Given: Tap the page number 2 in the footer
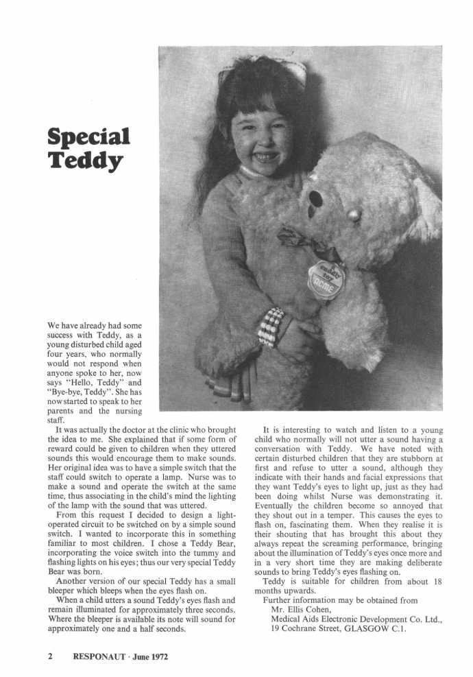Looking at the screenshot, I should click(51, 656).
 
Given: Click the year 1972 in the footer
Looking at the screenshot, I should click(157, 656).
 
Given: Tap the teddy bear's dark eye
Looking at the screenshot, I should click(316, 199).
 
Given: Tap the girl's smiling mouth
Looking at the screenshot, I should click(265, 156).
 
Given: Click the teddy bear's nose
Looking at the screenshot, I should click(354, 216).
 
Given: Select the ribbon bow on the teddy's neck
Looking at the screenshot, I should click(302, 241).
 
